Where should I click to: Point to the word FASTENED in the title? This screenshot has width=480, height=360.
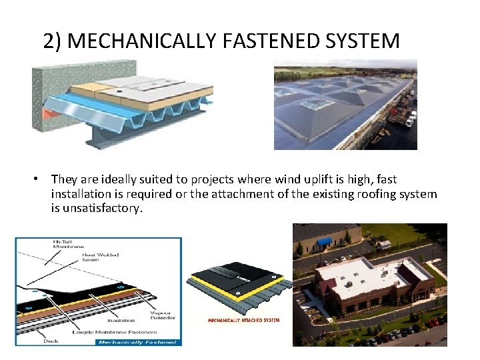click(257, 41)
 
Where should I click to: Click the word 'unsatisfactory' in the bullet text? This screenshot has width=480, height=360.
click(101, 208)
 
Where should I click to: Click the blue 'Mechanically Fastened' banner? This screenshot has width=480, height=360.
click(137, 342)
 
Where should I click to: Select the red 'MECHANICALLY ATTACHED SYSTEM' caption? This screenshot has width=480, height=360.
click(243, 320)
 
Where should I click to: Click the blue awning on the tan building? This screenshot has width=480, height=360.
click(325, 242)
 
